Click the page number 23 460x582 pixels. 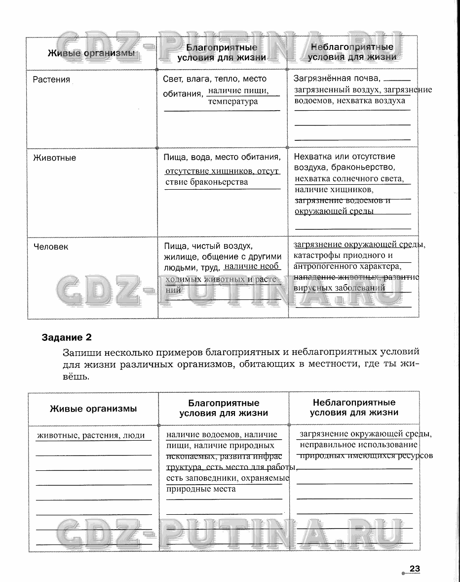[x=414, y=569]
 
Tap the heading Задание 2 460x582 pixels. [x=67, y=338]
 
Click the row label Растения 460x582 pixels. [x=51, y=80]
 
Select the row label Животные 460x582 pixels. [x=54, y=158]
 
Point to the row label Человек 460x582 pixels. [x=51, y=247]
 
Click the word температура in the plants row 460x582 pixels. [x=233, y=102]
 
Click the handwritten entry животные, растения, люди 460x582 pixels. [x=91, y=436]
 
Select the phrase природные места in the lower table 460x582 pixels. [x=201, y=489]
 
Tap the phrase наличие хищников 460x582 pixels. [x=334, y=190]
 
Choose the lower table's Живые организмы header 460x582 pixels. [x=93, y=409]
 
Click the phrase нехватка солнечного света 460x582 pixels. [x=349, y=179]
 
